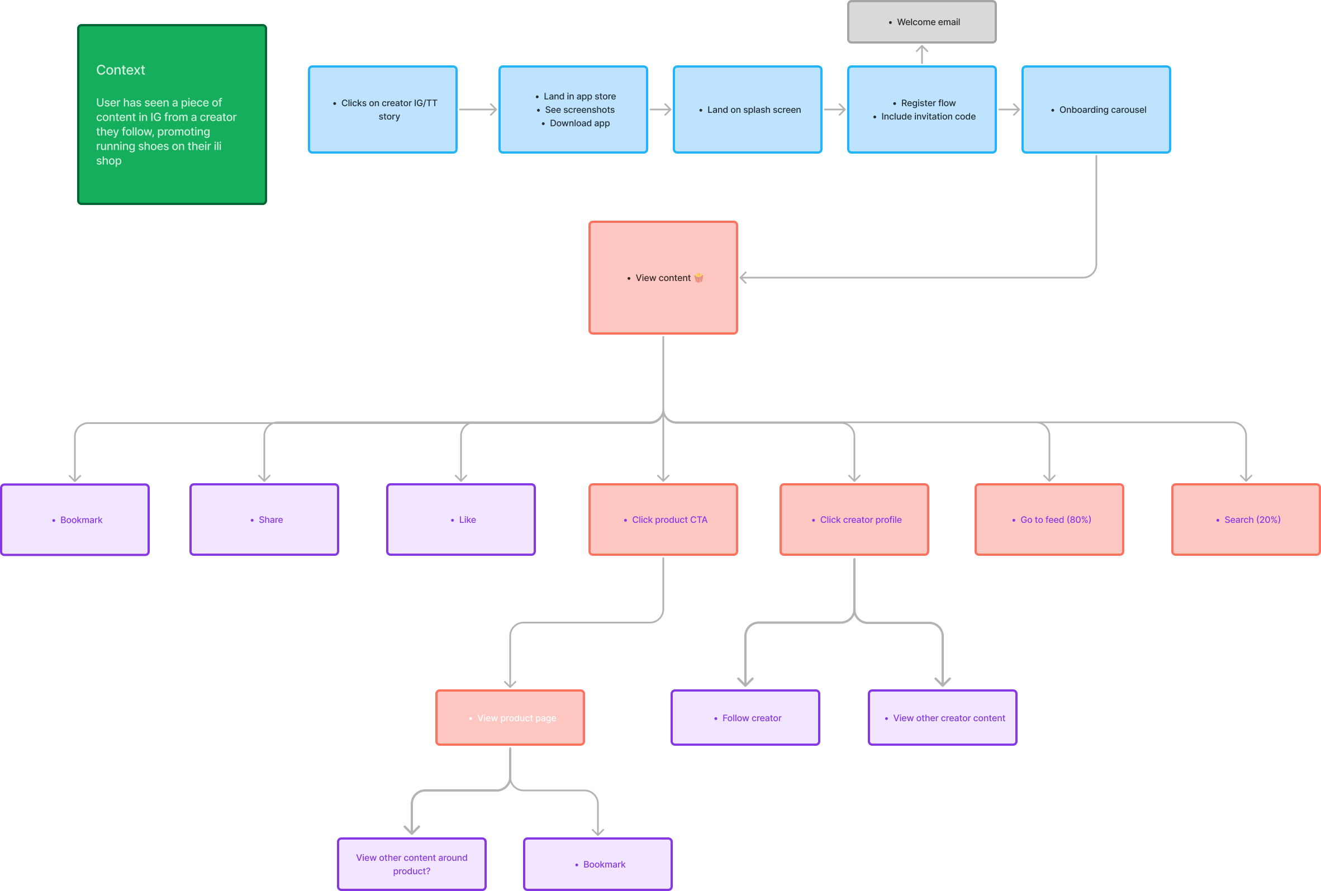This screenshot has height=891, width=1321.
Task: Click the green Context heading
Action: tap(121, 70)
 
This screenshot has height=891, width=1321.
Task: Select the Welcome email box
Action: tap(921, 22)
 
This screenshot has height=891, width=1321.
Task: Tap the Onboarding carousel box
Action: tap(1096, 109)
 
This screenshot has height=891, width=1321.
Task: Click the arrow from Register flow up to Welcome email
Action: tap(922, 55)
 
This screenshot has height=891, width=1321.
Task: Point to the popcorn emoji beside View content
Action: tap(698, 278)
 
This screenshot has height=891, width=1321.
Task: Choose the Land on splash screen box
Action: tap(748, 109)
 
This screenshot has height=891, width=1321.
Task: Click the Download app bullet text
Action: tap(580, 123)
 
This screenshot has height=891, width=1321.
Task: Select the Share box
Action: tap(264, 520)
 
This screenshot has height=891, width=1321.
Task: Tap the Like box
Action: tap(461, 520)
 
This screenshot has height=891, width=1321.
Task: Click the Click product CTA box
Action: tap(663, 520)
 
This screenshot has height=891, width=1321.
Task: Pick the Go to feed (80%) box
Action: tap(1049, 520)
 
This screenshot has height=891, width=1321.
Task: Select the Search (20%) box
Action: tap(1246, 520)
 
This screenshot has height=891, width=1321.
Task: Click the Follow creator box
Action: tap(745, 718)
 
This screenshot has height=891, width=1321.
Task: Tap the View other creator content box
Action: tap(943, 718)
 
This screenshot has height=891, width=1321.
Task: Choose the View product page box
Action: tap(510, 718)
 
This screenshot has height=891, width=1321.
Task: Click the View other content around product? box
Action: tap(411, 864)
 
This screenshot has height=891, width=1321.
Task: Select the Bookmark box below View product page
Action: tap(597, 864)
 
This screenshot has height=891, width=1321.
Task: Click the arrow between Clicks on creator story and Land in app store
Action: tap(478, 109)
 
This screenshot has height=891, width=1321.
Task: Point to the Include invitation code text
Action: tap(928, 117)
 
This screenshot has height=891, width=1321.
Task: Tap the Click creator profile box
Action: tap(854, 520)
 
